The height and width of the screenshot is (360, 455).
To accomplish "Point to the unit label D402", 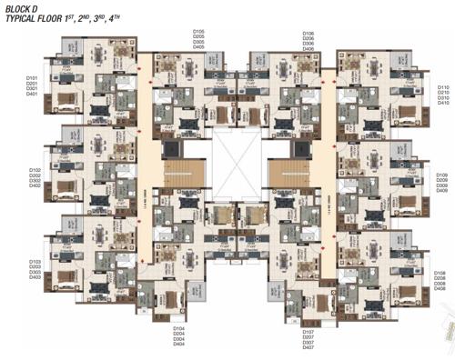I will [35, 186].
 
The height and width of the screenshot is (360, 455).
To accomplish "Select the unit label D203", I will [35, 265].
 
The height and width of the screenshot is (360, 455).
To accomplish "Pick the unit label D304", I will [179, 340].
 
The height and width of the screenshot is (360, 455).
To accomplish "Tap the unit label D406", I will [308, 49].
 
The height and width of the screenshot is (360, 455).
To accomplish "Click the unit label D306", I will [308, 43].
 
